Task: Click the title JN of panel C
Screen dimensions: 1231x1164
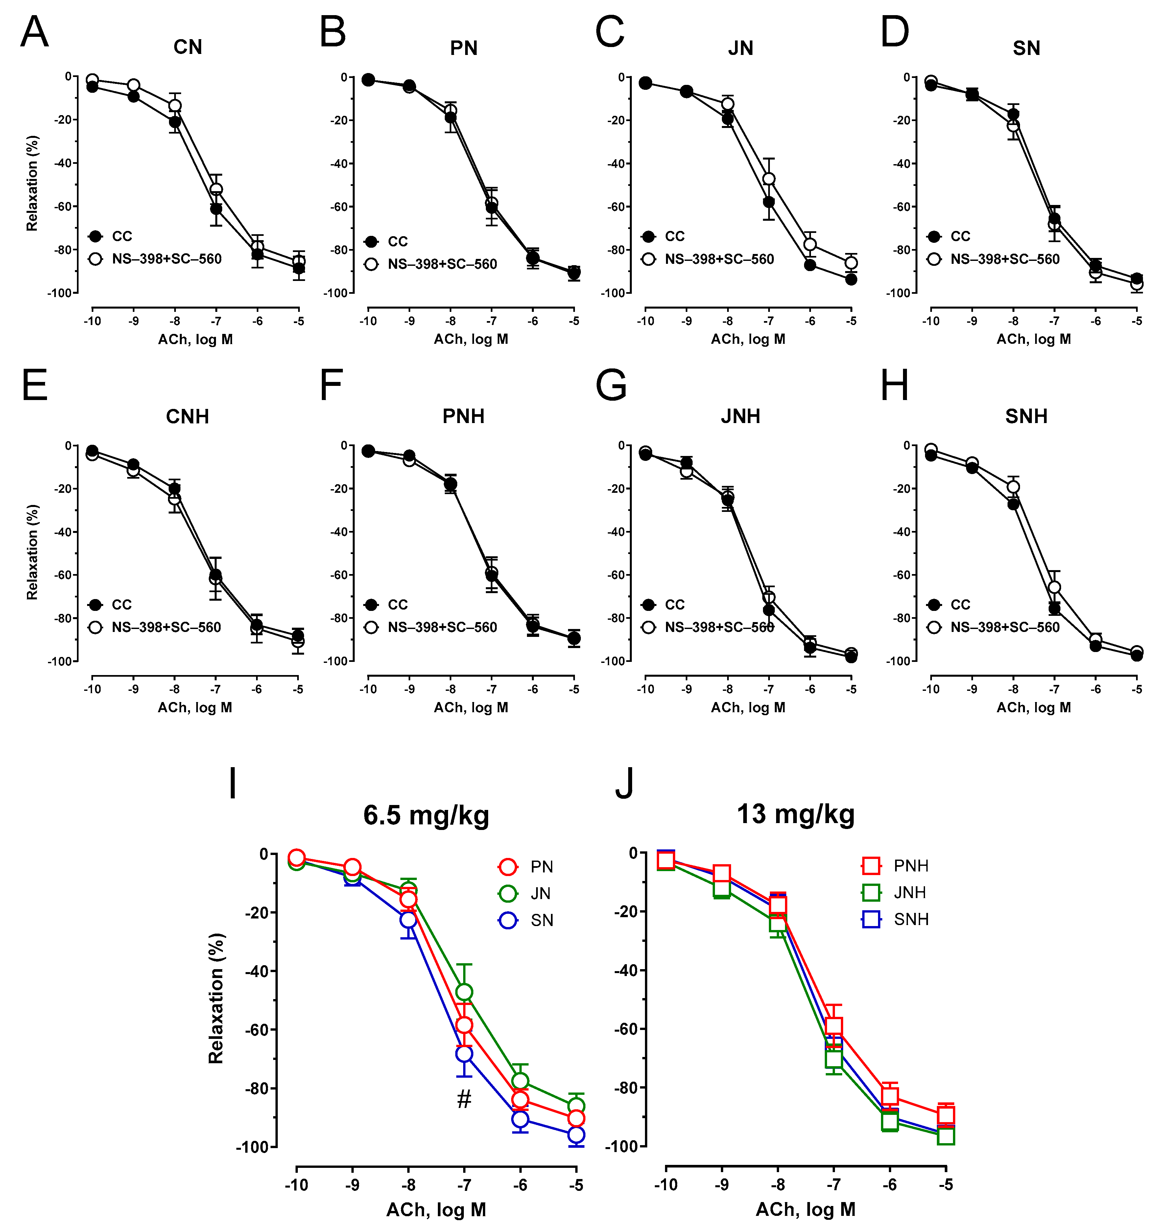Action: click(740, 48)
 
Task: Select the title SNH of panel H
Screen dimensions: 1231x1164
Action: click(1026, 416)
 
